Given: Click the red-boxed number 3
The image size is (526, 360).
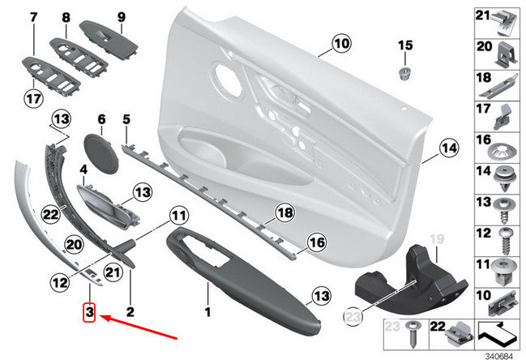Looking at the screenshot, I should point(90,311).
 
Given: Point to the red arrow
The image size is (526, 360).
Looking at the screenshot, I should point(138,328).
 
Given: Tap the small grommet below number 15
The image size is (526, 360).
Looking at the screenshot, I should point(403,75).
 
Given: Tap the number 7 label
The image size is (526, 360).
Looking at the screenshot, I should point(33,16).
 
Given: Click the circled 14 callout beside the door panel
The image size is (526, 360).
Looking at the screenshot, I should point(448,147).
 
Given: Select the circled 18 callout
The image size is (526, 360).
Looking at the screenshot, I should point(283,212).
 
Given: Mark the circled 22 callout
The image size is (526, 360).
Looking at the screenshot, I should point(50,213).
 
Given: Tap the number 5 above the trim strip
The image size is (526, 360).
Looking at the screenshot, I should point(126,120).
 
